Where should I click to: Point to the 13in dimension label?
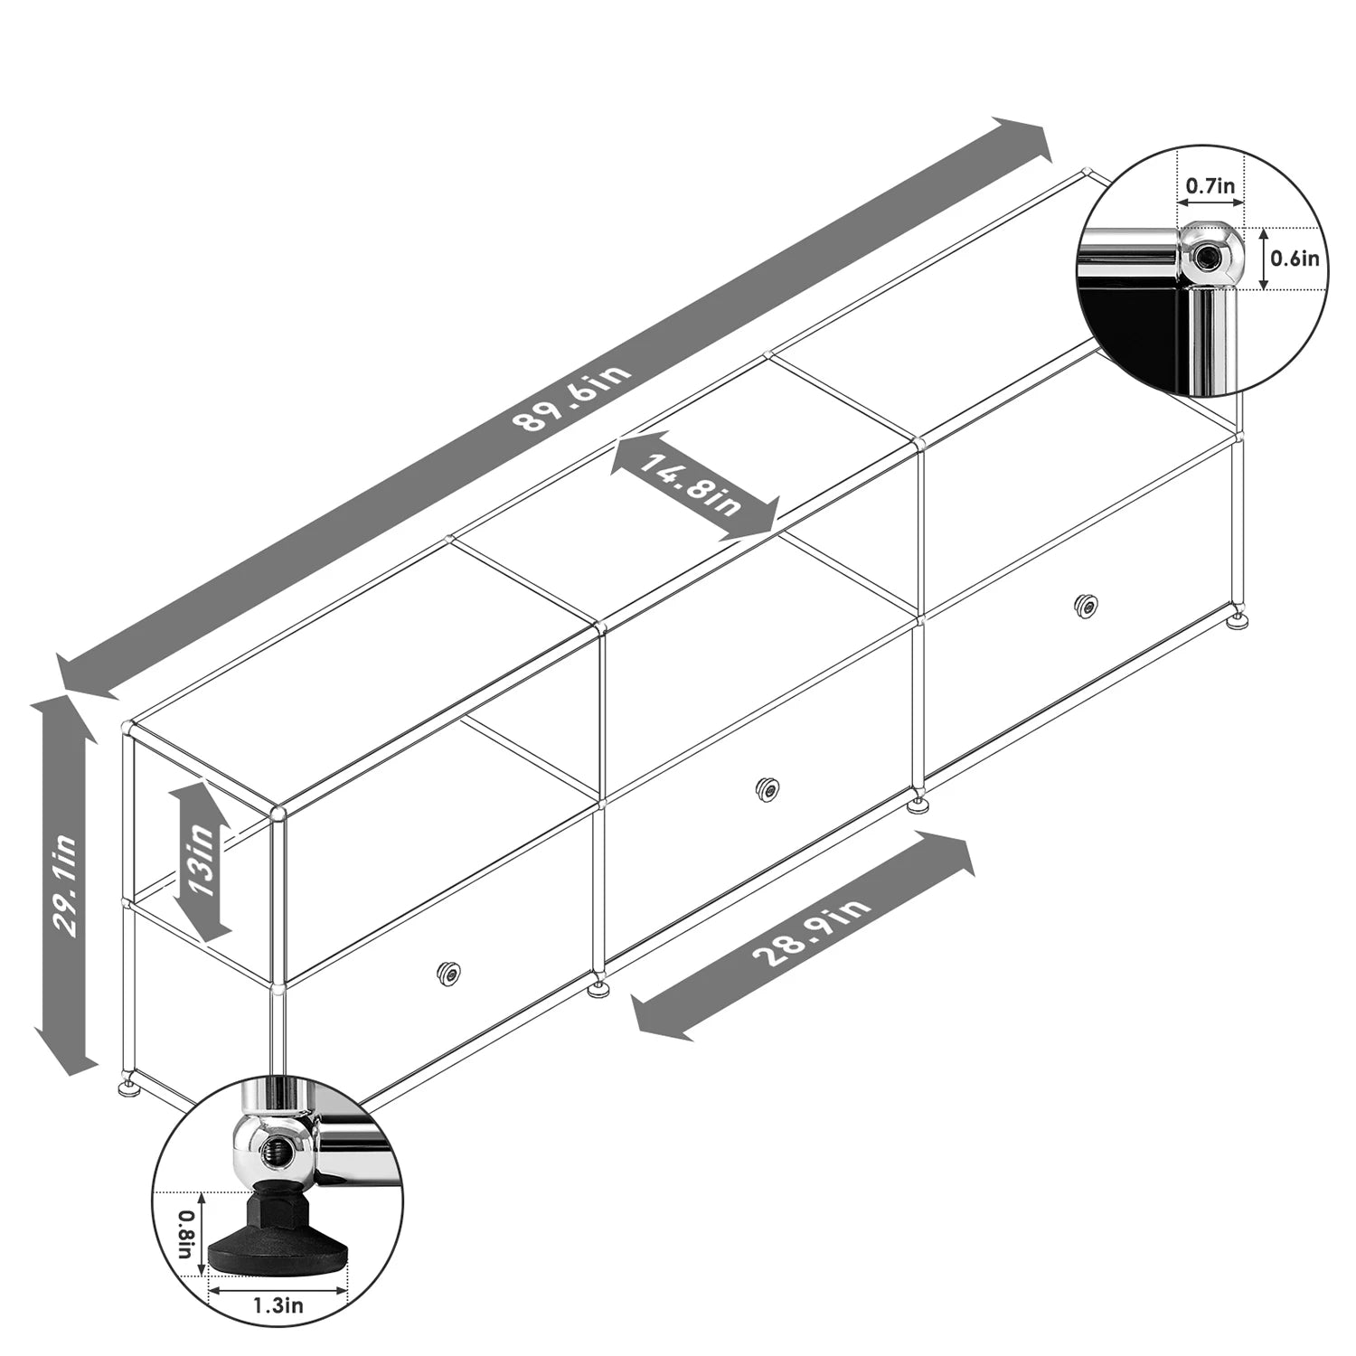point(201,861)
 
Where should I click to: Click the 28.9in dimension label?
point(810,933)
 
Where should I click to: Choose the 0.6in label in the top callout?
point(1295,259)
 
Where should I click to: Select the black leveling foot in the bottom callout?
point(278,1235)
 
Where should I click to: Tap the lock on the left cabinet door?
point(448,973)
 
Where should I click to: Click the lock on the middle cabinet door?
point(767,789)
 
